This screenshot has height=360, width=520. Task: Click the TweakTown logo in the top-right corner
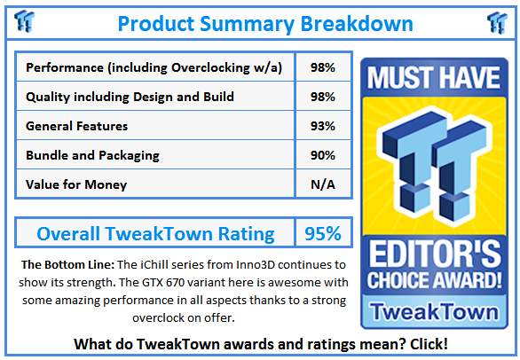[x=497, y=22]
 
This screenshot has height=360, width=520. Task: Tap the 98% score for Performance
[x=322, y=67]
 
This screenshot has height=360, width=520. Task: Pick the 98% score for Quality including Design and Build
[x=322, y=97]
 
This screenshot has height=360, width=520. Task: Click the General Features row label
[x=77, y=126]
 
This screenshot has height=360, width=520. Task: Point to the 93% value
[x=322, y=126]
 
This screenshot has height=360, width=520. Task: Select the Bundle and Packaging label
[x=93, y=155]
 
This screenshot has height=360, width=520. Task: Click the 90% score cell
[x=322, y=155]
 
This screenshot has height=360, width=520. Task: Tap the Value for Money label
[x=76, y=184]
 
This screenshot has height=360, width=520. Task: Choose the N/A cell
[x=322, y=184]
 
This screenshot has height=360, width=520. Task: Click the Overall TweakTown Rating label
[x=155, y=234]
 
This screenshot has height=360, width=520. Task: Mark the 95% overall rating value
[x=322, y=234]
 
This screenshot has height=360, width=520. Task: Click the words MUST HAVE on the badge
[x=433, y=77]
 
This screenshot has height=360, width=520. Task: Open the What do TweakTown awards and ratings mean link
[x=260, y=343]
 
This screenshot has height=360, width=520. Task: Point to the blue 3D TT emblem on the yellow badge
[x=433, y=164]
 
